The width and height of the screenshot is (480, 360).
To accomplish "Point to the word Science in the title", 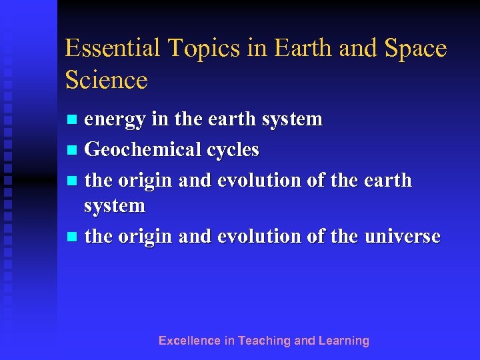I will (x=106, y=80).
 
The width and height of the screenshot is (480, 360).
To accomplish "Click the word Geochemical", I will (x=143, y=150).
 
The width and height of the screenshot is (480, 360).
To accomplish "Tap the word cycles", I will (x=233, y=150).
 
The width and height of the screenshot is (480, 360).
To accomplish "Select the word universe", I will (x=402, y=236).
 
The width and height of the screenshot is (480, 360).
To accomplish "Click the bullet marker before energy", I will (x=73, y=120).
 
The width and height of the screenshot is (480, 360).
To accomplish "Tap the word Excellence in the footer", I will (x=189, y=341).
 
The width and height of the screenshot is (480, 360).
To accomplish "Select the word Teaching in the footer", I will (x=265, y=341).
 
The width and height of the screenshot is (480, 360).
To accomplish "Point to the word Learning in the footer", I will (x=344, y=341).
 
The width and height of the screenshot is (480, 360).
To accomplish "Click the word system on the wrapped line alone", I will (x=114, y=206).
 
